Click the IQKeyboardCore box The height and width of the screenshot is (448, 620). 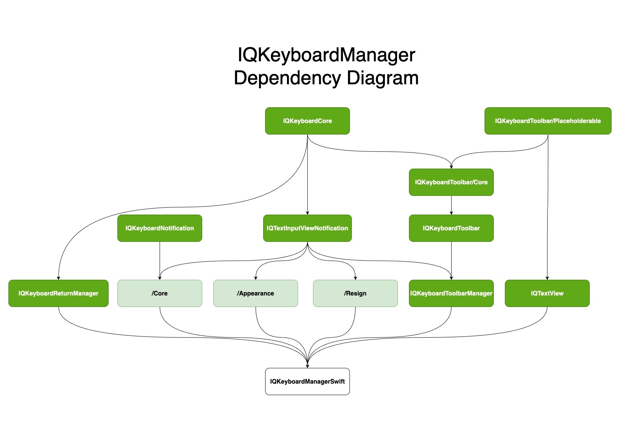(x=307, y=121)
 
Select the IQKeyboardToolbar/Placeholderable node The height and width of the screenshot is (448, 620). (x=547, y=121)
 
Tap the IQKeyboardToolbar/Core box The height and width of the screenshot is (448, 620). (x=451, y=182)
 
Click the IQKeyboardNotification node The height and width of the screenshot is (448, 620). (x=160, y=228)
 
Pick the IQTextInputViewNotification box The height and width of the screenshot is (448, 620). (x=307, y=228)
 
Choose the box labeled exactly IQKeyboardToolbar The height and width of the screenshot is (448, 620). (x=451, y=228)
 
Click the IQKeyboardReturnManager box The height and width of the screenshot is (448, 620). (x=58, y=293)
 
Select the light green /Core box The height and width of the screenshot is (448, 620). (x=160, y=293)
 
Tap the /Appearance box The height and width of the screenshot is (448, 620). (x=256, y=293)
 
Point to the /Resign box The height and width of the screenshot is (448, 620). (x=355, y=293)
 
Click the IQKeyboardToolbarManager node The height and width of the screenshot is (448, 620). (x=451, y=293)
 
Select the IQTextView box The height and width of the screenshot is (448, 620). (x=547, y=293)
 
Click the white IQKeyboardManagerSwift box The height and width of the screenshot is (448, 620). (x=307, y=381)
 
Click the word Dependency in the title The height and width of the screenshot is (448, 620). (x=287, y=78)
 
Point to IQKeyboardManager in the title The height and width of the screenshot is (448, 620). (x=326, y=55)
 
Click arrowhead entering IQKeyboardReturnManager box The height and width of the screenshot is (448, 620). (x=58, y=278)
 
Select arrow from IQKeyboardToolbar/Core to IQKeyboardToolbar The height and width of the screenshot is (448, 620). (x=451, y=205)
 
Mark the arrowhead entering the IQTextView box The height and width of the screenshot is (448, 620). (x=547, y=278)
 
